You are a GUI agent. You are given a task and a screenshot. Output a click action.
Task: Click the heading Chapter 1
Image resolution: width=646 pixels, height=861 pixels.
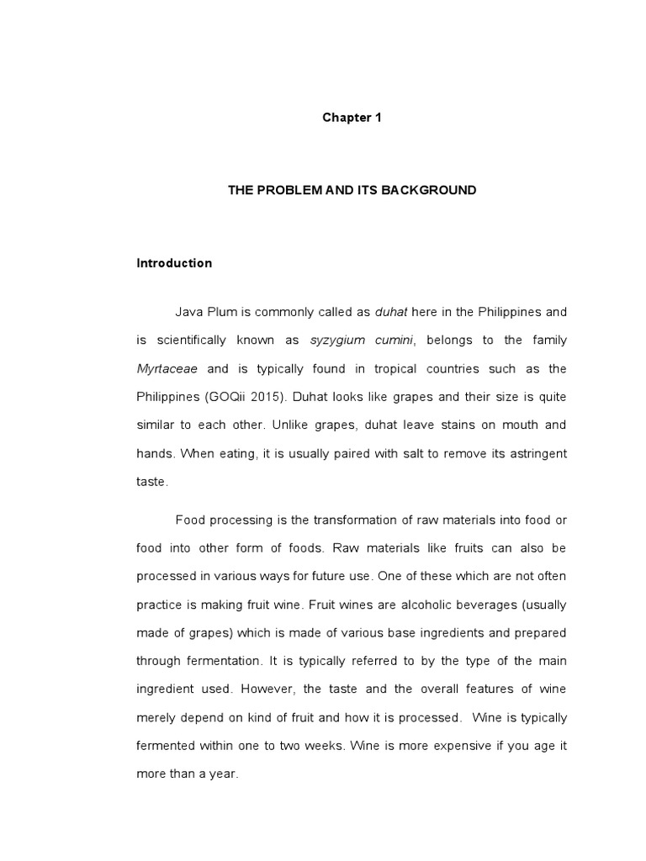click(x=352, y=118)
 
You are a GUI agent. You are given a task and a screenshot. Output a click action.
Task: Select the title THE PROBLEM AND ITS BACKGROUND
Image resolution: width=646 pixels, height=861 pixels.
click(x=352, y=191)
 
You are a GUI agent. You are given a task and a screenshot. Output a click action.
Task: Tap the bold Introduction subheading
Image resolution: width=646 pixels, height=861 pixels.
click(x=174, y=263)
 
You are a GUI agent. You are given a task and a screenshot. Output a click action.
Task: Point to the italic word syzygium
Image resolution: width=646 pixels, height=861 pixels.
click(x=339, y=341)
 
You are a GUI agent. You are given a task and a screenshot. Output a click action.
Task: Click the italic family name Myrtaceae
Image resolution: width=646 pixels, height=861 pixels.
click(x=167, y=369)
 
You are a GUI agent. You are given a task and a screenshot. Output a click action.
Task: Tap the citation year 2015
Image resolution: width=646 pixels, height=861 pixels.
click(x=273, y=397)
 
